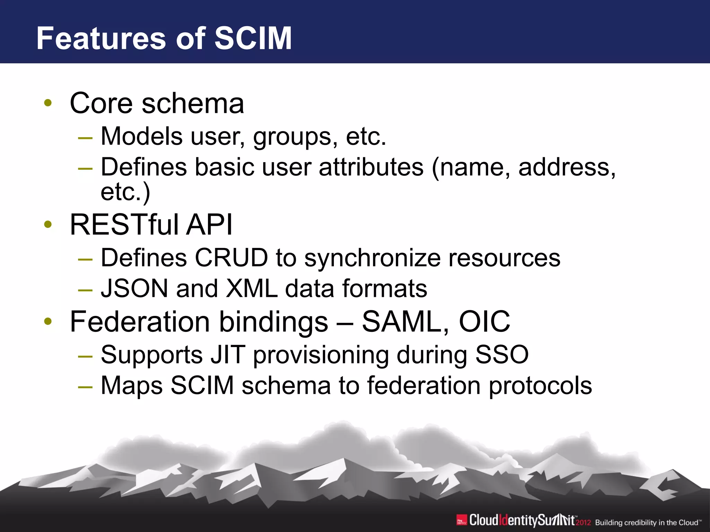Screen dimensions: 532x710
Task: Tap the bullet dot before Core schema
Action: click(48, 103)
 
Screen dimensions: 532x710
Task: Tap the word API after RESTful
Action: click(209, 224)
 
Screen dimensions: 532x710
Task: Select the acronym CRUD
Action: click(231, 258)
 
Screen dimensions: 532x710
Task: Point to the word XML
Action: click(252, 289)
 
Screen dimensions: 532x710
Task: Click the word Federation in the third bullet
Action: click(140, 321)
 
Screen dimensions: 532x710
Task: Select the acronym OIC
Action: click(484, 321)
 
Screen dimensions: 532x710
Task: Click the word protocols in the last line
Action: click(540, 385)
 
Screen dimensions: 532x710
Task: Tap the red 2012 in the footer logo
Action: click(583, 522)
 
